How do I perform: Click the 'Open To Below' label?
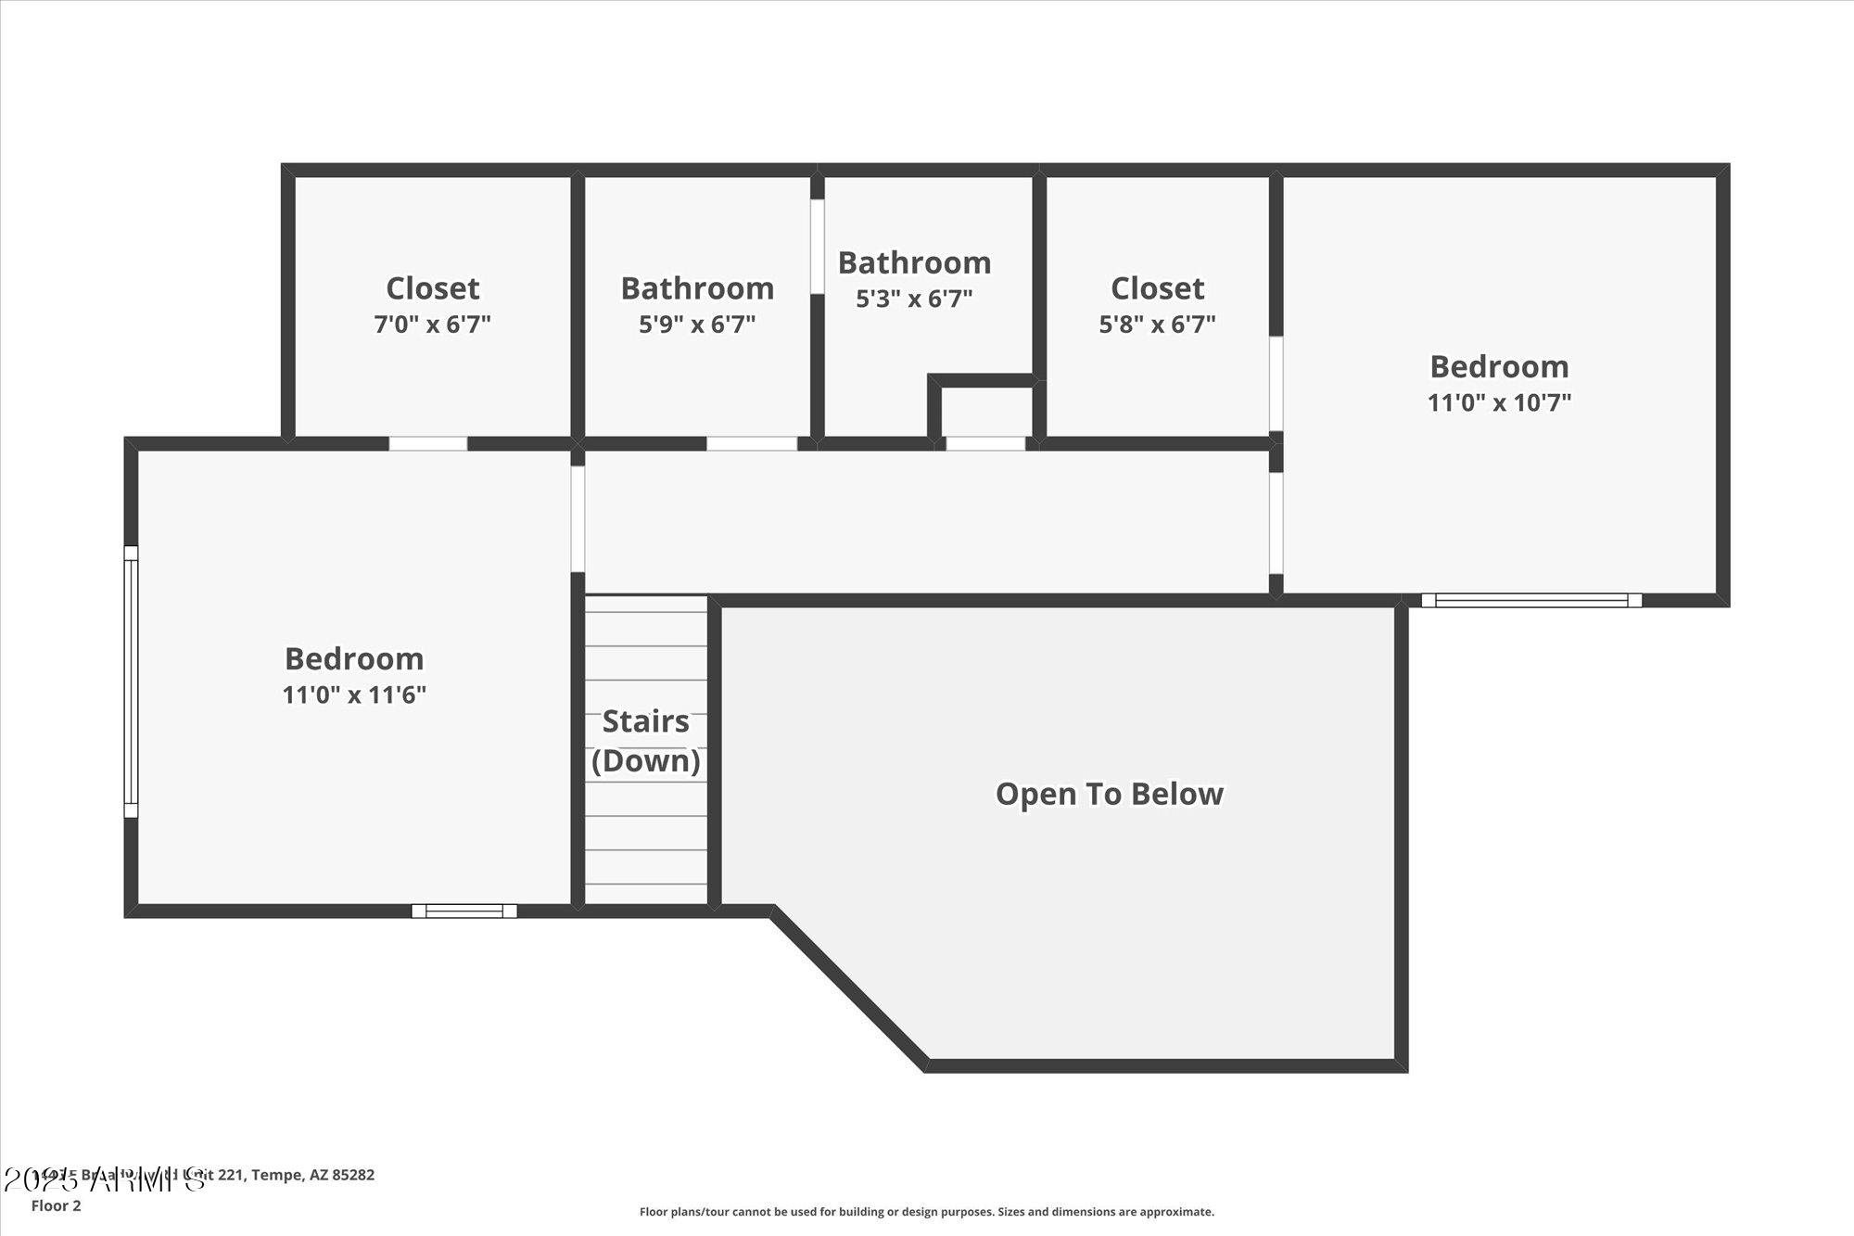(x=1109, y=795)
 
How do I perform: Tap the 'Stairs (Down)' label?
(x=646, y=741)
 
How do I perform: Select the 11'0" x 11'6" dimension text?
(x=354, y=694)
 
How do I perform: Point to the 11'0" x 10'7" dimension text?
(x=1499, y=402)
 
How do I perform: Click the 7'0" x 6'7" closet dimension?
(x=432, y=325)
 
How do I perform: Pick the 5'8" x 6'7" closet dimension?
(x=1157, y=325)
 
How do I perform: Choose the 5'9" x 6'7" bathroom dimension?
(x=697, y=325)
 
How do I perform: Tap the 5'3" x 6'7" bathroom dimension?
(x=914, y=299)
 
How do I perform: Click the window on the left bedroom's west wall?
(x=131, y=682)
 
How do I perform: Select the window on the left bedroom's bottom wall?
(x=463, y=911)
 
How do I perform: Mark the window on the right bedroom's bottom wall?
(x=1531, y=600)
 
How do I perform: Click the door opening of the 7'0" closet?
(x=427, y=443)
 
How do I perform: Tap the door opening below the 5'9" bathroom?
(x=752, y=443)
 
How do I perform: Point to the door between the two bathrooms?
(x=818, y=247)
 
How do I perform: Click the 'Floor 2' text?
(x=57, y=1205)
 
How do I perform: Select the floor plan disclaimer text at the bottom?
(x=926, y=1212)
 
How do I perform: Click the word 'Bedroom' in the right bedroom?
(x=1499, y=367)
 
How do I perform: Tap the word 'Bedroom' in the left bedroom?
(x=354, y=659)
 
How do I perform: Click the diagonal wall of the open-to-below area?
(x=848, y=988)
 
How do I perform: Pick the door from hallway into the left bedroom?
(x=578, y=518)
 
